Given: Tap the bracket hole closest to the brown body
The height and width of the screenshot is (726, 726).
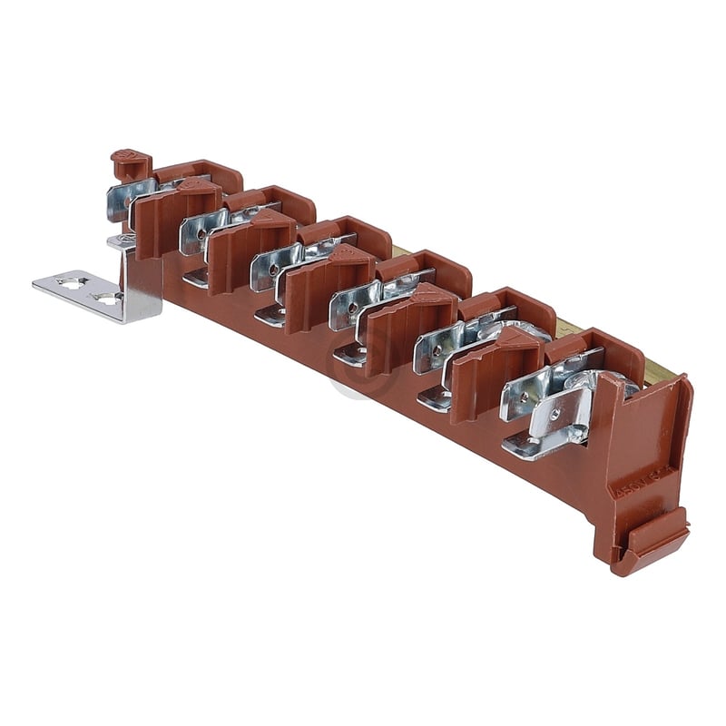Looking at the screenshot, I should [107, 297].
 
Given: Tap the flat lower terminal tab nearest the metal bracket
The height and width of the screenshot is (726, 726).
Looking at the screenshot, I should [196, 277].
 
